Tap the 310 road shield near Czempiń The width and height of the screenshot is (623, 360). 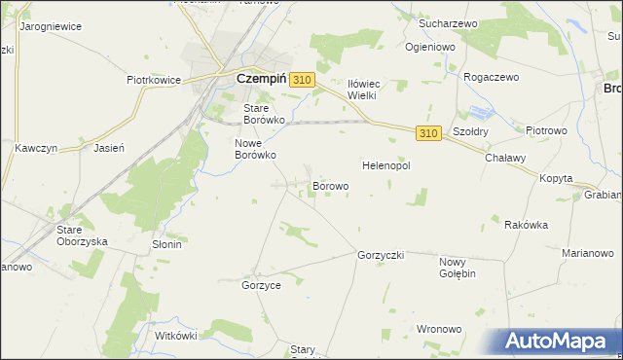pos(302,81)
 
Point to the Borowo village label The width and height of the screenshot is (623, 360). pos(330,185)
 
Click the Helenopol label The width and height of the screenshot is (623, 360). pos(386,165)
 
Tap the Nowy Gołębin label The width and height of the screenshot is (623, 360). pos(458,268)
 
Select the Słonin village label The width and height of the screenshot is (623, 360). pos(166,244)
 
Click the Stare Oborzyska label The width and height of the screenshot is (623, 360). pos(82,235)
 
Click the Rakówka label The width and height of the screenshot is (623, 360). pos(527,225)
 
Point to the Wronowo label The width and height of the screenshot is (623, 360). pos(438,329)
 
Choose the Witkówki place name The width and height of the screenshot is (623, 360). pos(176,336)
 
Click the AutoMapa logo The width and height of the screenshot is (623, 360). pos(559,342)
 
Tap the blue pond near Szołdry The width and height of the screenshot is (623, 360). pos(481,113)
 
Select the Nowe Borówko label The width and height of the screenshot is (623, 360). pos(256,148)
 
